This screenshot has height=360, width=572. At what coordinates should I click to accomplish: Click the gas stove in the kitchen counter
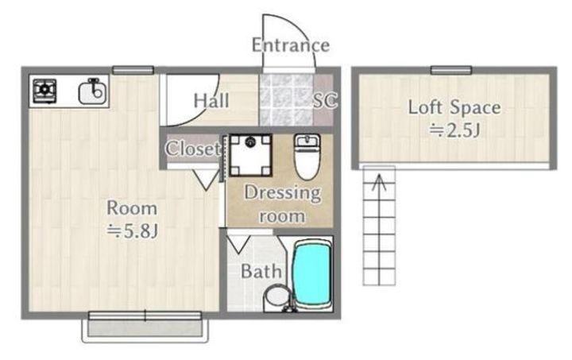point(44,91)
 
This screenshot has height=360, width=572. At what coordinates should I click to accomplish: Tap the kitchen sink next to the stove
point(92,91)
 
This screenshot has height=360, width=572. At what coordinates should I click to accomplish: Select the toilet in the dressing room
point(307,157)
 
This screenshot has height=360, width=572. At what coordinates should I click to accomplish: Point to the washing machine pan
point(250,155)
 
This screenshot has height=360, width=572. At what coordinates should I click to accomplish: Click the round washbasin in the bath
point(277,296)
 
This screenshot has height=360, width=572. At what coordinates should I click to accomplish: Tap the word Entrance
point(291,45)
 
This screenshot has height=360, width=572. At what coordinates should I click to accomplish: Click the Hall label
point(211,101)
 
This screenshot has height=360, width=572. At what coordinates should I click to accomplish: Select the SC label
point(326,100)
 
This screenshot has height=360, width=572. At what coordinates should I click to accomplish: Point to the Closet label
point(193,149)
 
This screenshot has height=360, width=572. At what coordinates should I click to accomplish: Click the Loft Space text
point(454,107)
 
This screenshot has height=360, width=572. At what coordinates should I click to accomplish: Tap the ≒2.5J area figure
point(454,130)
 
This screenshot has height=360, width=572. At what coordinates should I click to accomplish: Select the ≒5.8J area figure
point(132,231)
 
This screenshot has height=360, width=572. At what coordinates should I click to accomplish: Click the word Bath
point(261,272)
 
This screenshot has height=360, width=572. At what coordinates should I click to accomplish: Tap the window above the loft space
point(451,70)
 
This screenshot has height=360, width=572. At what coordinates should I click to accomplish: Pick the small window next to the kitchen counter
point(133,70)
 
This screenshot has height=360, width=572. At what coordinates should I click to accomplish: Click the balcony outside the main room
point(145,327)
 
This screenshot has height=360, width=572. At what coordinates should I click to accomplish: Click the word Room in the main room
point(132,208)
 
